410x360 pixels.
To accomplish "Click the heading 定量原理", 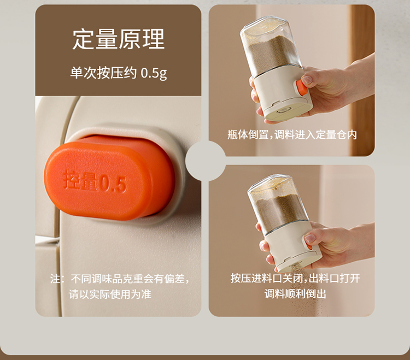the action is [118, 39].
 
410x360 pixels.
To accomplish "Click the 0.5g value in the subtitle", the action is [154, 73].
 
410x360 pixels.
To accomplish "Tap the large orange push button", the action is [109, 178].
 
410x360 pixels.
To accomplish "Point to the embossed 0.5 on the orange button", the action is [113, 184].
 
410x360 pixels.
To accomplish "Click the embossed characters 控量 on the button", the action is [81, 180].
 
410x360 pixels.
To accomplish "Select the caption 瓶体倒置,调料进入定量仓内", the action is [292, 135].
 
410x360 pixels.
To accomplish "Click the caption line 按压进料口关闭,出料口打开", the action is [295, 278].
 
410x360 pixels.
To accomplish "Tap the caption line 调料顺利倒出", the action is [295, 294].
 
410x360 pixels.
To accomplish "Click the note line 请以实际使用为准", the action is [110, 294].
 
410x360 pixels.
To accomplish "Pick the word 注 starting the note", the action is [55, 279].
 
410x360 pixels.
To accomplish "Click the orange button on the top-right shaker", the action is [301, 88].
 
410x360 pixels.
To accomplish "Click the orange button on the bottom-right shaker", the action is [308, 246].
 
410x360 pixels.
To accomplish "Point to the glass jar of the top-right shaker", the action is [271, 47].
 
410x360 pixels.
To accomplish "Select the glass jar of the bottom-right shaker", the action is [278, 203].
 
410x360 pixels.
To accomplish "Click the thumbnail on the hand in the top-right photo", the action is [307, 80].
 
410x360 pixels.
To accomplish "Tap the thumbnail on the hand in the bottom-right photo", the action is [310, 238].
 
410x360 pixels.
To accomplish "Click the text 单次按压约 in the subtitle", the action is [103, 73].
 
